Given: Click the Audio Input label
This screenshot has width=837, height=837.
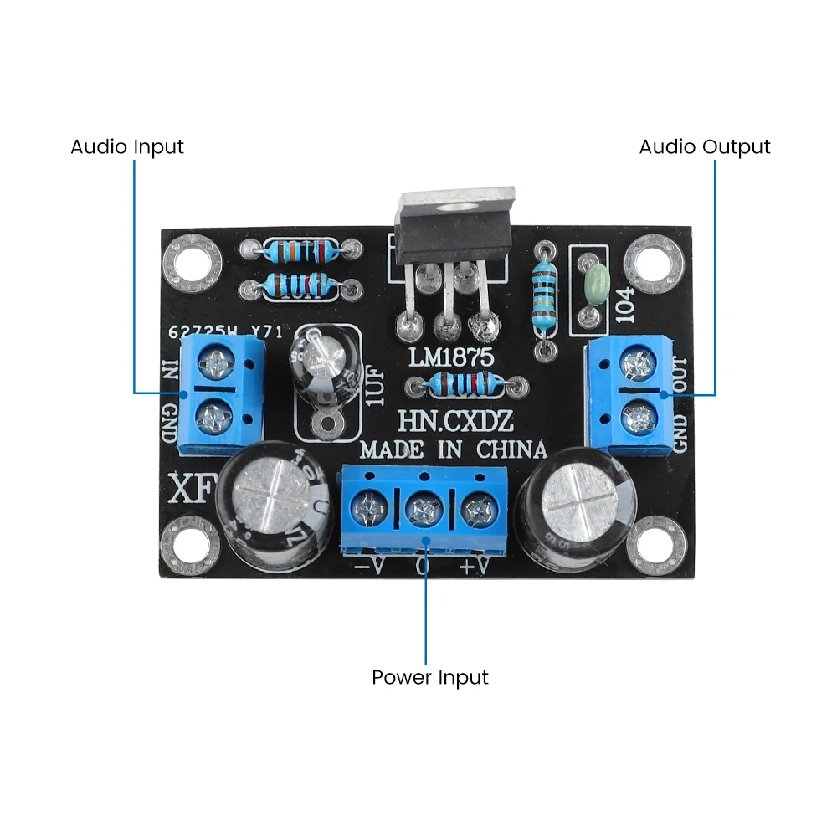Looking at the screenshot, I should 126,147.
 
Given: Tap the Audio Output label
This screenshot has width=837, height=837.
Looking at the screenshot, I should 704,147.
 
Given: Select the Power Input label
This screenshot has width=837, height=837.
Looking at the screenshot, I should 429,677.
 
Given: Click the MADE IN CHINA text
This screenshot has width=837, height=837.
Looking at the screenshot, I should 453,449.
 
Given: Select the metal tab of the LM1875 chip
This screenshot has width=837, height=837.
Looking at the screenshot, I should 453,200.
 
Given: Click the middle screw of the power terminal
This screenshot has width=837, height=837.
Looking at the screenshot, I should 422,508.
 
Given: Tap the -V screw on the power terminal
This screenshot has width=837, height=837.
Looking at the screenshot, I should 367,506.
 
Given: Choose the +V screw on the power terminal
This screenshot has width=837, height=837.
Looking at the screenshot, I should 477,507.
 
